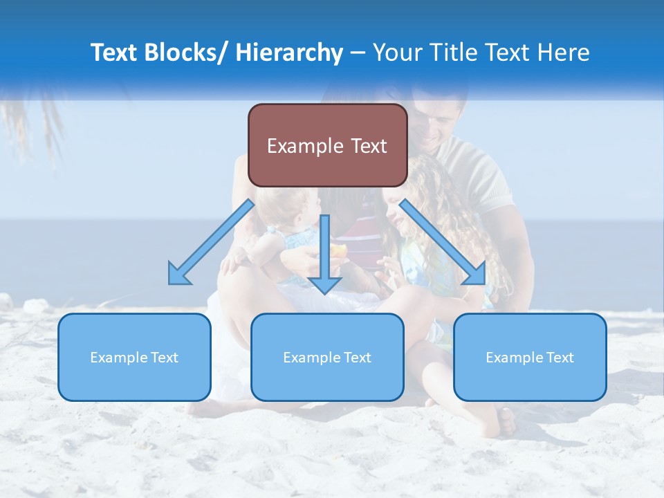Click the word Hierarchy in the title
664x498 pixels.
click(x=289, y=53)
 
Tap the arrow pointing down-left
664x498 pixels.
click(x=211, y=242)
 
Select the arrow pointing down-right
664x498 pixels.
click(x=443, y=242)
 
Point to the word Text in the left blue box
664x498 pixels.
click(x=165, y=358)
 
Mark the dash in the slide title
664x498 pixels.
click(x=358, y=53)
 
